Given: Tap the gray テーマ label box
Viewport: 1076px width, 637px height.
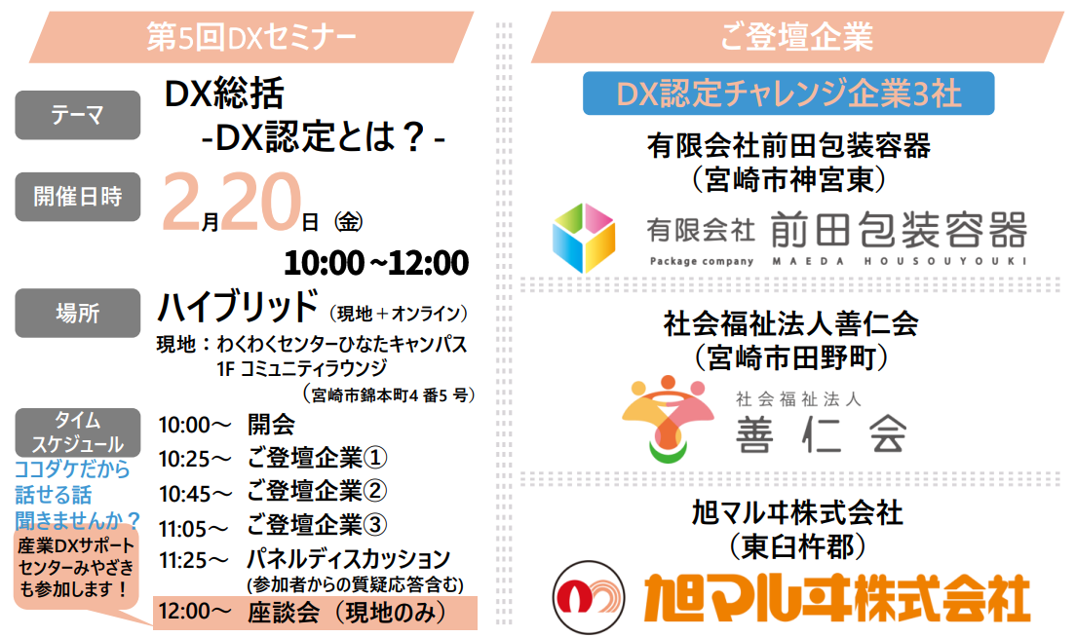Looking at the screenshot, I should [x=78, y=115].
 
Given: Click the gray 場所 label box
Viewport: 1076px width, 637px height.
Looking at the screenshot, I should [x=78, y=313].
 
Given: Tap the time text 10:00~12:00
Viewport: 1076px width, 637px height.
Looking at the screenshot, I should [x=376, y=262].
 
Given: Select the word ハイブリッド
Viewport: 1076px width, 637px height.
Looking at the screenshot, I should [x=238, y=307].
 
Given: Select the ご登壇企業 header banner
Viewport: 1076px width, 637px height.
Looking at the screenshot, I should [x=796, y=37].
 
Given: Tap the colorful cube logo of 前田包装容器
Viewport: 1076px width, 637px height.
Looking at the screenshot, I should [x=584, y=237].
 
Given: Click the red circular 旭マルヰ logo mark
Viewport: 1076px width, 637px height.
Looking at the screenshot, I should [x=587, y=597].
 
